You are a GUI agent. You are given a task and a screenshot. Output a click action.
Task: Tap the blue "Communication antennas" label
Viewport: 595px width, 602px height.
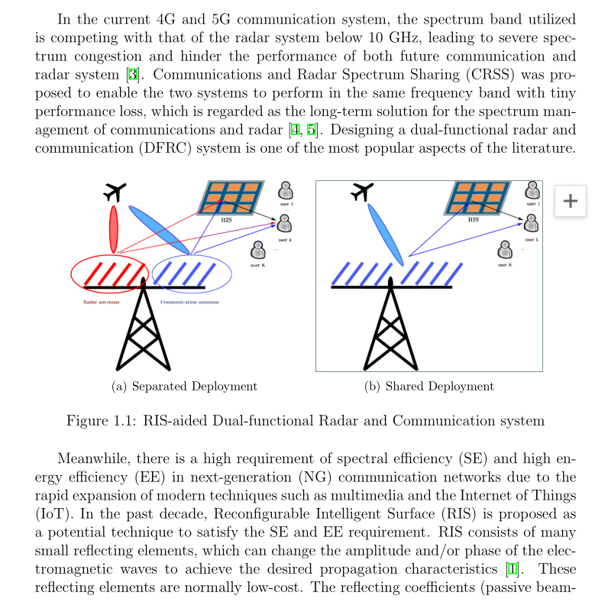pyautogui.click(x=189, y=302)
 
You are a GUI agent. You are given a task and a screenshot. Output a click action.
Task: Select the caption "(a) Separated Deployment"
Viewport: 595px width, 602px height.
pyautogui.click(x=184, y=386)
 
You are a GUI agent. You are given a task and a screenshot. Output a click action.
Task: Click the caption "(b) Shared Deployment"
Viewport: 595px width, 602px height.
pyautogui.click(x=429, y=386)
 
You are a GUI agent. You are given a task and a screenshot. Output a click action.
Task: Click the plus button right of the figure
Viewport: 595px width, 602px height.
pyautogui.click(x=570, y=201)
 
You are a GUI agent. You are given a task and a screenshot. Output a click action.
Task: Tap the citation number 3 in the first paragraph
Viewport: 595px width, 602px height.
pyautogui.click(x=132, y=75)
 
